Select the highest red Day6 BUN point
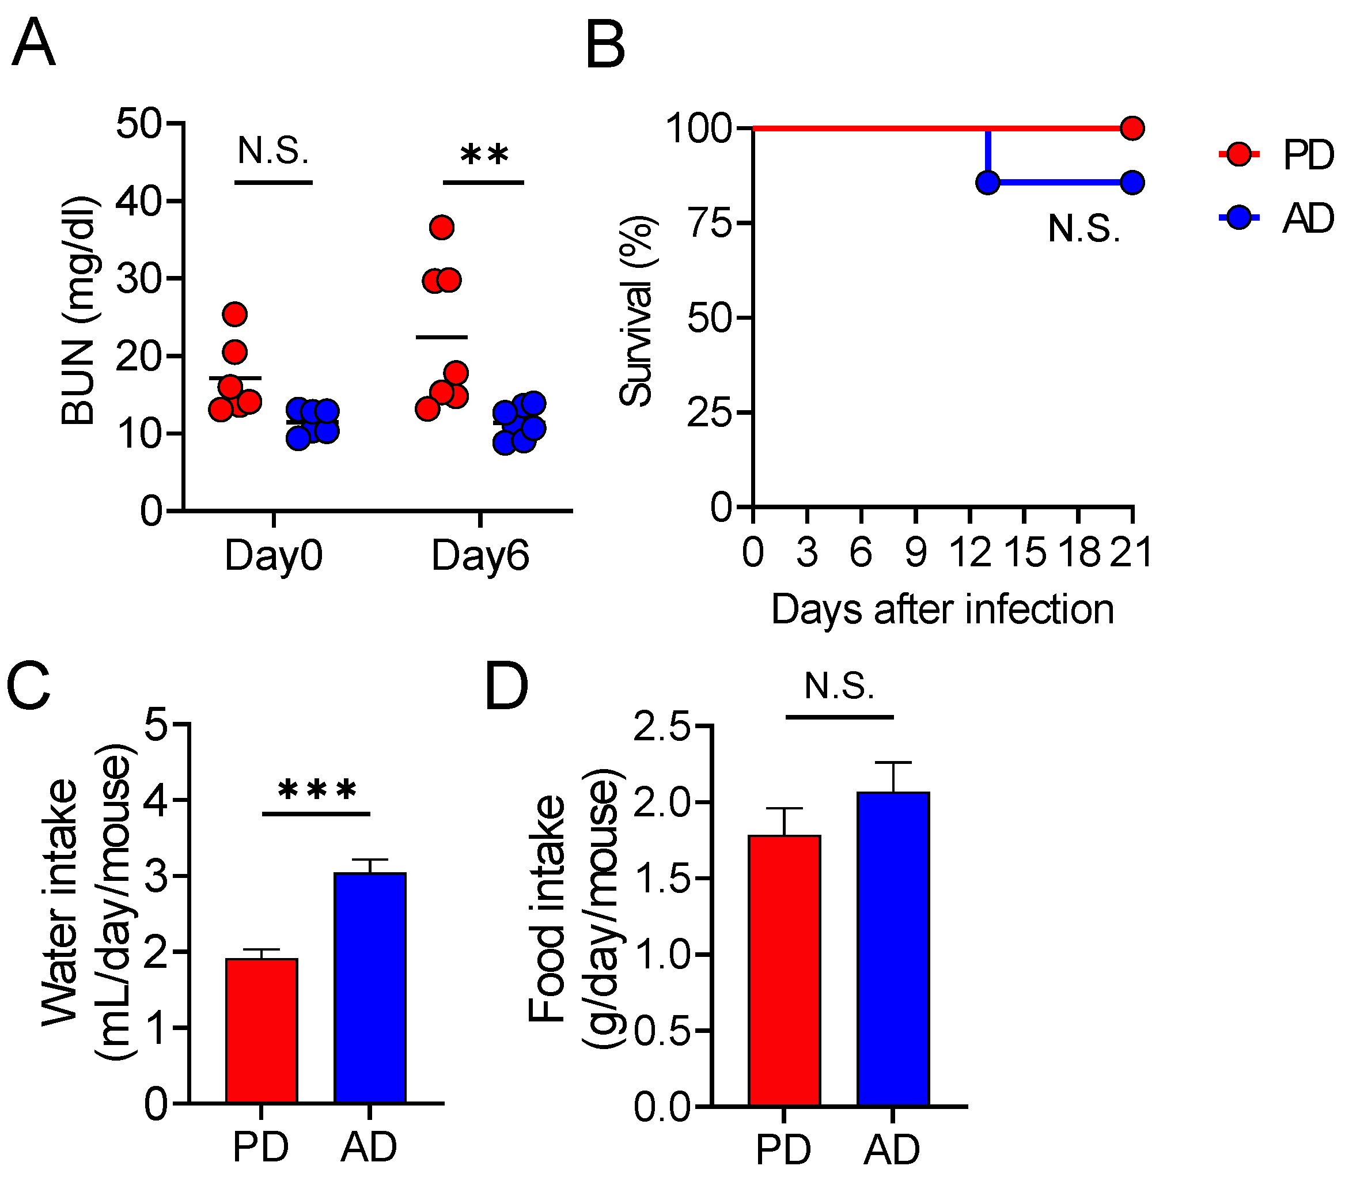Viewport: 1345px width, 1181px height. [442, 227]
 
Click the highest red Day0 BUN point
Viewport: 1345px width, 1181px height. [235, 314]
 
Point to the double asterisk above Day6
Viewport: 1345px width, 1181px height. [484, 156]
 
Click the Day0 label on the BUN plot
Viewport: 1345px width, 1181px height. [274, 556]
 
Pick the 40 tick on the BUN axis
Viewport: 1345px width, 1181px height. [139, 200]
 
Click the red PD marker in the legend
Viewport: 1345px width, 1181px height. [1239, 154]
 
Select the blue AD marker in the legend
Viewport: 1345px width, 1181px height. [1239, 217]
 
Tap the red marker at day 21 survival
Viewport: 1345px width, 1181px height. [1132, 128]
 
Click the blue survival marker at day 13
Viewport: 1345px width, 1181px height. [988, 182]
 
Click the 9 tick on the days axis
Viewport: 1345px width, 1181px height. [915, 552]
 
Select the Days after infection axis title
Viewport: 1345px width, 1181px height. [942, 610]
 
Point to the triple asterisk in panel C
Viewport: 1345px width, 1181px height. [317, 789]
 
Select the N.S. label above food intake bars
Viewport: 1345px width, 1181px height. [839, 686]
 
